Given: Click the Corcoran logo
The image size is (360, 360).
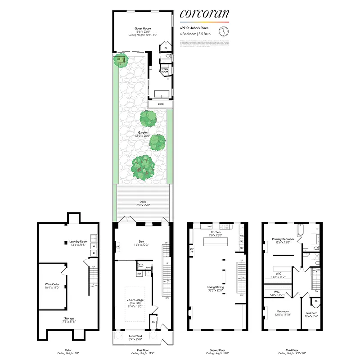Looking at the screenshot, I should click(x=204, y=14).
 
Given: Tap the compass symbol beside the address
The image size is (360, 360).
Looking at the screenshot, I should click(x=224, y=31).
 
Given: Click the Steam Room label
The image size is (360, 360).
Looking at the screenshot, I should click(x=165, y=71).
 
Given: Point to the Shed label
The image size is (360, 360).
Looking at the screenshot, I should click(x=161, y=104).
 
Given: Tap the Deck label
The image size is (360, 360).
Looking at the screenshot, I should click(x=142, y=202).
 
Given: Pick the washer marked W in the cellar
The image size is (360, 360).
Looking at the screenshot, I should click(x=94, y=246).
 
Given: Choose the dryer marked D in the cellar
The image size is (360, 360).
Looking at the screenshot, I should click(x=94, y=253).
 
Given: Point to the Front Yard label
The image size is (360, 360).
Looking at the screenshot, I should click(x=135, y=336).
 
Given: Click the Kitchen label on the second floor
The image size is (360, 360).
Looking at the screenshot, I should click(x=216, y=232).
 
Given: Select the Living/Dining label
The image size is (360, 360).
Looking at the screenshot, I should click(x=216, y=288).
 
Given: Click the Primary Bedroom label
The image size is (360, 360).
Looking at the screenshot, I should click(x=283, y=239).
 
